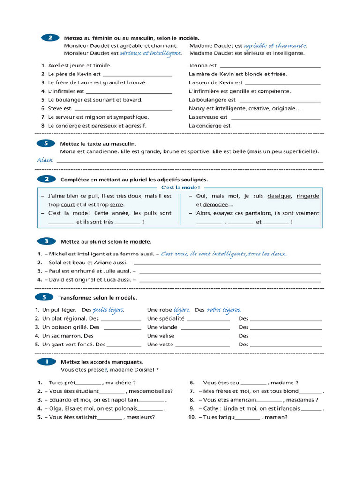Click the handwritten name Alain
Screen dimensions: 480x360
click(45, 160)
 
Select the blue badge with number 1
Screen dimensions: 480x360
click(46, 361)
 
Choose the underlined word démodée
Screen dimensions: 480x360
click(215, 205)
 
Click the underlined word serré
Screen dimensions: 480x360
click(117, 205)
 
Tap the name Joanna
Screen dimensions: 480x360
click(198, 66)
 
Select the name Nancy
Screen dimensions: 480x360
click(197, 108)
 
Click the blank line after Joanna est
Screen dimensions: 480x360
click(270, 67)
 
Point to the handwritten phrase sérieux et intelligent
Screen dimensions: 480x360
click(150, 53)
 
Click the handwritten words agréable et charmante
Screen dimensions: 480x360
click(276, 45)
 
